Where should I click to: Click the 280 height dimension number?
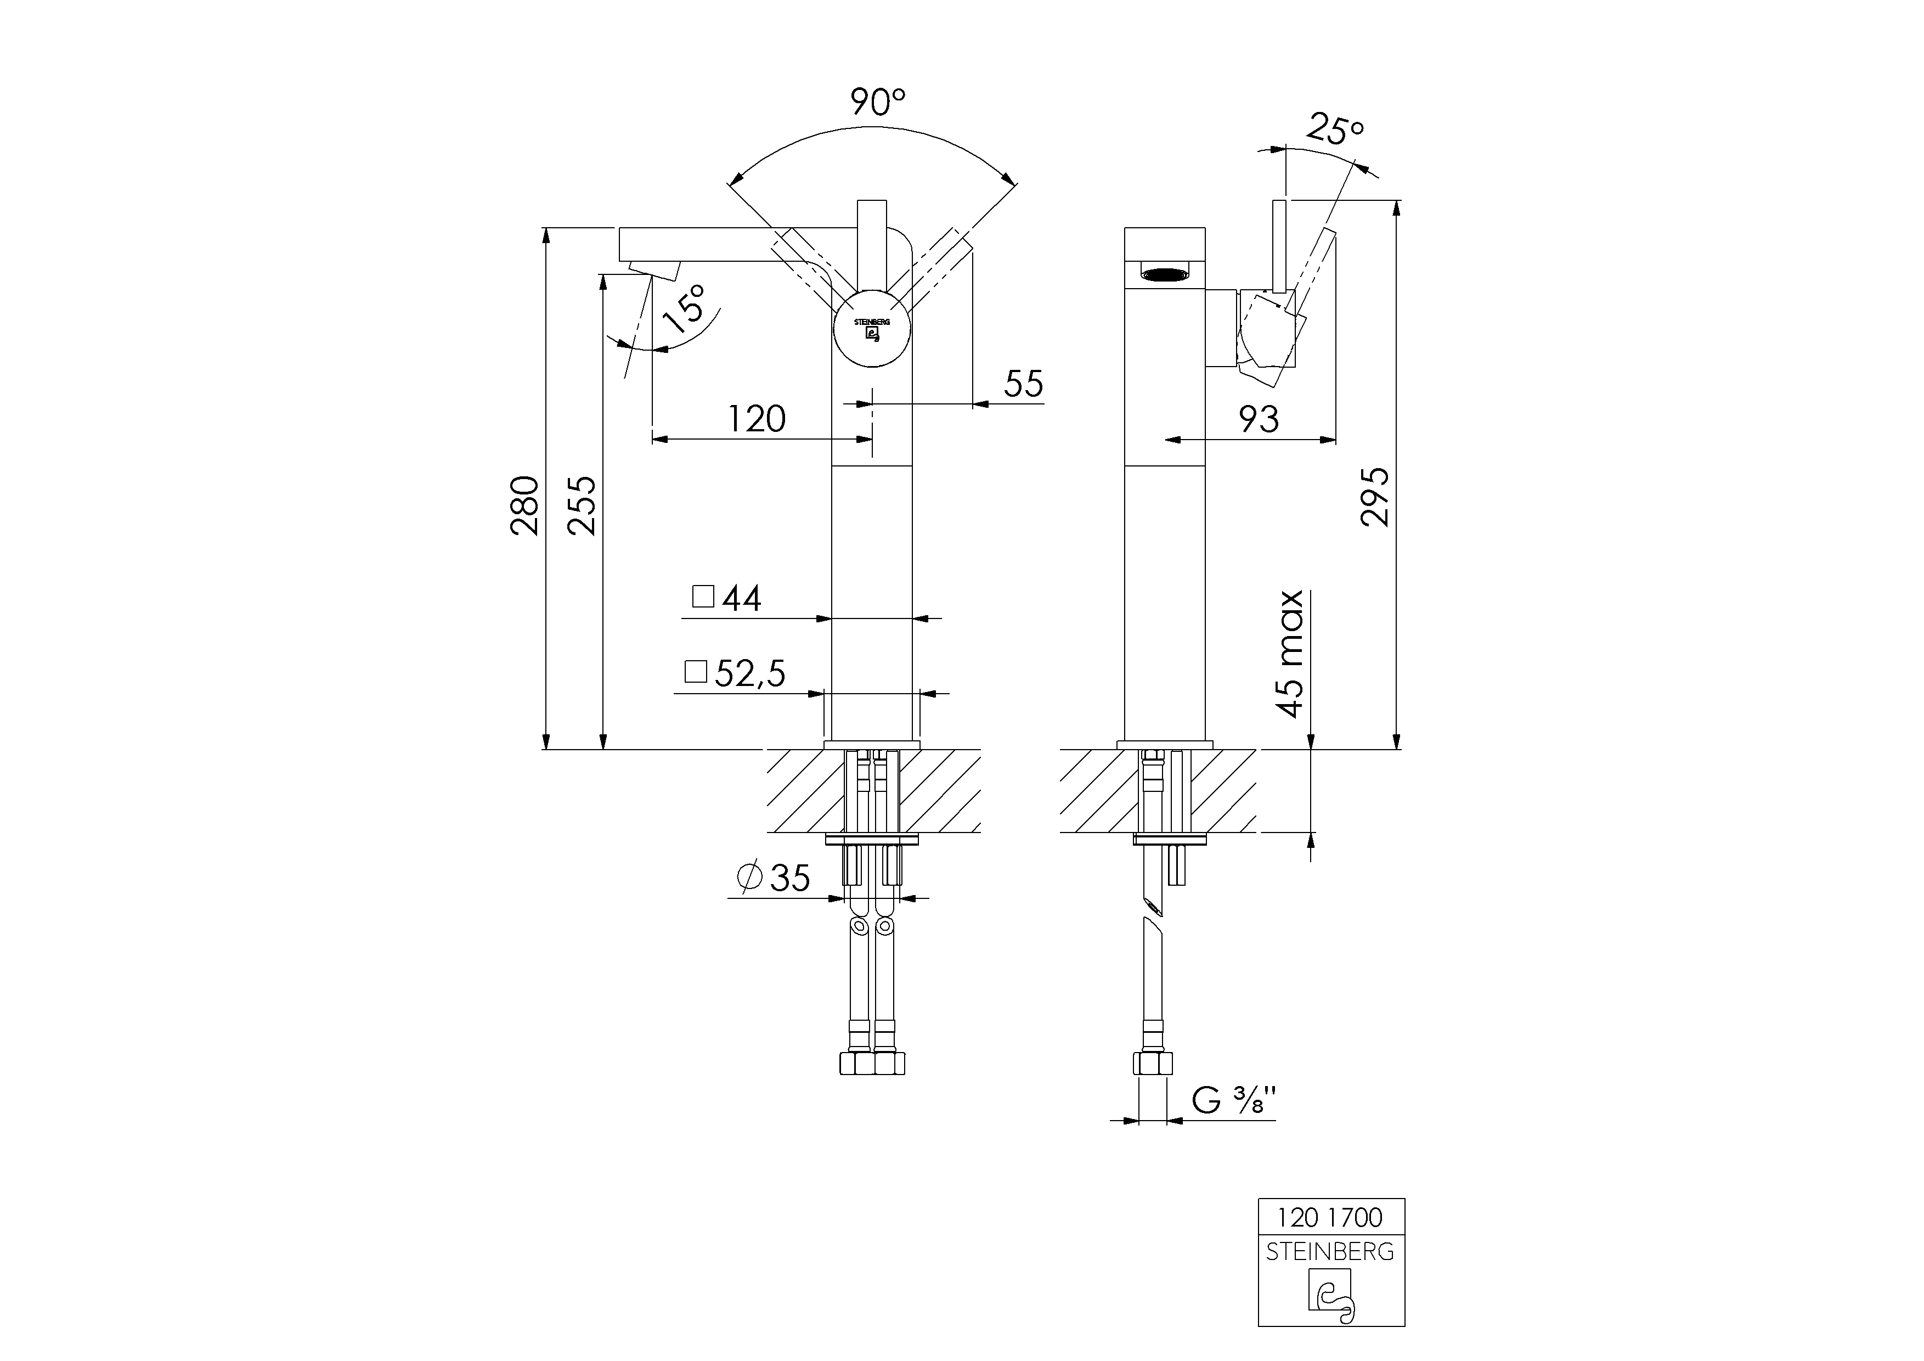click(x=526, y=505)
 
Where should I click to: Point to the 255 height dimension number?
click(x=582, y=505)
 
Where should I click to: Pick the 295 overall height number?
click(x=1375, y=497)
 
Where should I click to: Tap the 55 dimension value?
click(x=1023, y=384)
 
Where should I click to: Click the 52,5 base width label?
click(x=748, y=673)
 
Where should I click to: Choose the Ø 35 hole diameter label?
click(x=774, y=878)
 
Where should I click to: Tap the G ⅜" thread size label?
click(x=1233, y=1100)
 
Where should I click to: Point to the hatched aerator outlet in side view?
click(x=1164, y=272)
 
